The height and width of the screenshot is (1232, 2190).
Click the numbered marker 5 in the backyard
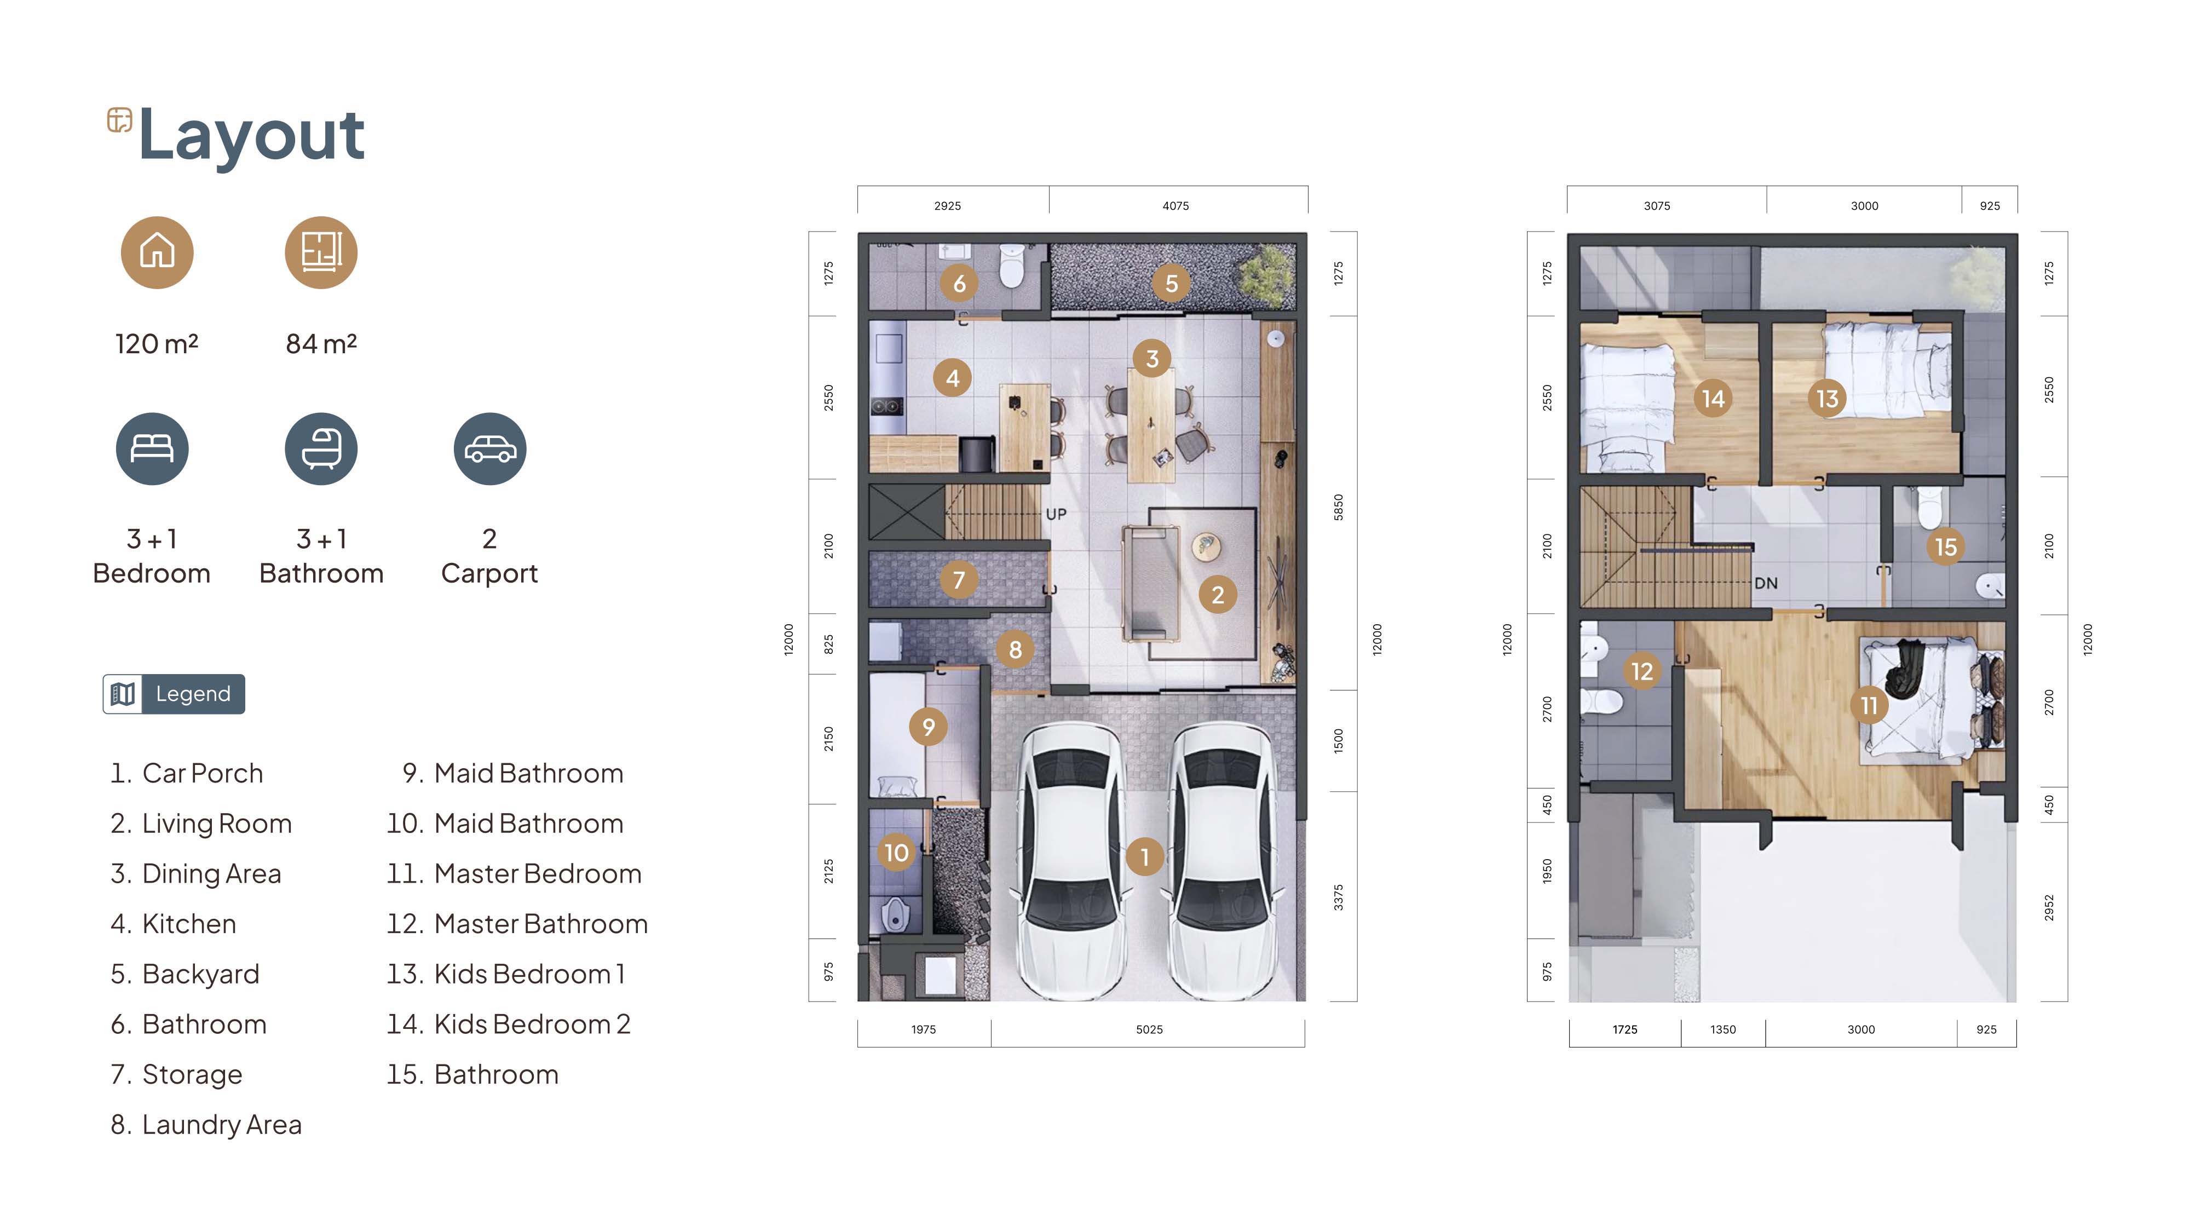coord(1172,283)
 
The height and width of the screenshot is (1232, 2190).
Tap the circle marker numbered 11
coord(1869,705)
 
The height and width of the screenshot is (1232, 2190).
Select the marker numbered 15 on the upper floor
coord(1946,546)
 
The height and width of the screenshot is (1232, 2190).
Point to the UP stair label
coord(1056,514)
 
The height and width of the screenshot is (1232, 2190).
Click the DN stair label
coord(1766,583)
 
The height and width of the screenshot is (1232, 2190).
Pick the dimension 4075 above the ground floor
coord(1176,206)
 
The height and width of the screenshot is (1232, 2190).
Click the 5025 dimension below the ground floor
coord(1149,1029)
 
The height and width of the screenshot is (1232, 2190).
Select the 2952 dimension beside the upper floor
coord(2049,907)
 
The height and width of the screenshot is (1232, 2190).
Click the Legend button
coord(174,694)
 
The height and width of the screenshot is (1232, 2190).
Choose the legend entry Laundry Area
coord(206,1125)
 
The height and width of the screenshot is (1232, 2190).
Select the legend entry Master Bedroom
coord(514,874)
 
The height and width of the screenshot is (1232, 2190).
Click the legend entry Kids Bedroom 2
coord(509,1024)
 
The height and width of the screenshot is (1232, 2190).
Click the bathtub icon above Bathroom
coord(321,449)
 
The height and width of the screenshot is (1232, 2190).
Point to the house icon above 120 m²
coord(157,252)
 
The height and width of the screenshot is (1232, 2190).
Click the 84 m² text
coord(321,343)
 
